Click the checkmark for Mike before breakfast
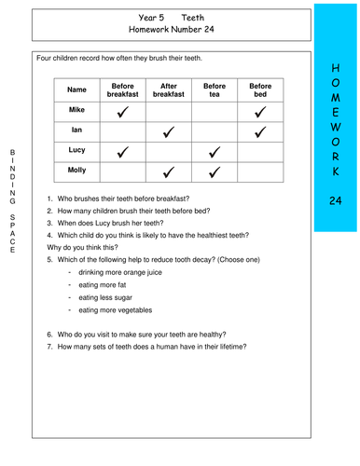pos(122,111)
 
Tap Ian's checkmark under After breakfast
pos(169,131)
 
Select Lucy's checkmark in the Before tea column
pos(215,152)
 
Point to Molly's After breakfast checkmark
pos(169,171)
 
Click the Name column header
pos(76,89)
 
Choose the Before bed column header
pos(260,89)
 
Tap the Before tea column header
pos(215,89)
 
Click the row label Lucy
pos(76,150)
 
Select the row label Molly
pos(76,170)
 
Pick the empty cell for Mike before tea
pos(215,111)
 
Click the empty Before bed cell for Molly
pos(260,171)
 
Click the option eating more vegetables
pos(115,309)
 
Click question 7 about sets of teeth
pos(146,347)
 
